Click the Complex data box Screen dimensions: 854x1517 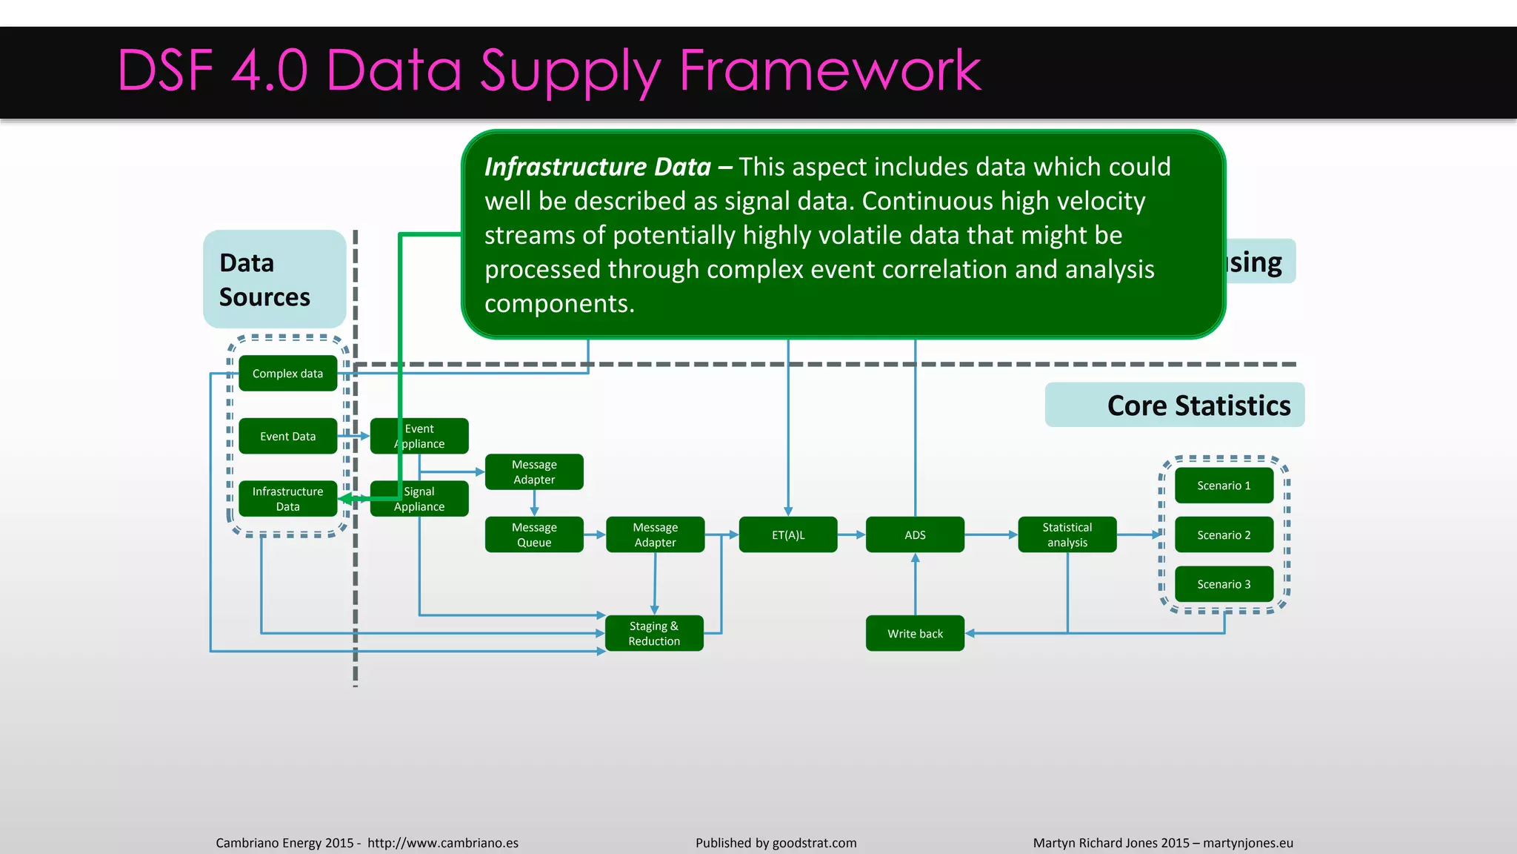pyautogui.click(x=287, y=374)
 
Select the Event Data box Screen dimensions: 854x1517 pyautogui.click(x=287, y=437)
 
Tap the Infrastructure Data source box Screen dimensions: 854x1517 pyautogui.click(x=287, y=499)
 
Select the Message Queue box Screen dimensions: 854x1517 pyautogui.click(x=534, y=534)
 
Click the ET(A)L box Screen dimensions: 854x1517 pyautogui.click(x=788, y=534)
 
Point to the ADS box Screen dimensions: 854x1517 pyautogui.click(x=915, y=534)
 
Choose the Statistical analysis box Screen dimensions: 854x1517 pyautogui.click(x=1067, y=534)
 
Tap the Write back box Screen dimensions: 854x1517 pyautogui.click(x=915, y=634)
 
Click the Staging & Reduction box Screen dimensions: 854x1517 pyautogui.click(x=654, y=634)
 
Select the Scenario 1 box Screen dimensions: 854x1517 pyautogui.click(x=1224, y=486)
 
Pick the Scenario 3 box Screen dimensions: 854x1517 pyautogui.click(x=1224, y=584)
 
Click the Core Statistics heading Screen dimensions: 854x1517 pyautogui.click(x=1198, y=406)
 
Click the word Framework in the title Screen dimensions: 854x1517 pyautogui.click(x=830, y=70)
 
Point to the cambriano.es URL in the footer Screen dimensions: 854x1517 pyautogui.click(x=443, y=843)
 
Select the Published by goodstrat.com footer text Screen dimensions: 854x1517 pyautogui.click(x=776, y=843)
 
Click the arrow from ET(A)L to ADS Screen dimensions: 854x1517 pyautogui.click(x=852, y=534)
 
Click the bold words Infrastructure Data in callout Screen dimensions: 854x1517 pyautogui.click(x=597, y=167)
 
